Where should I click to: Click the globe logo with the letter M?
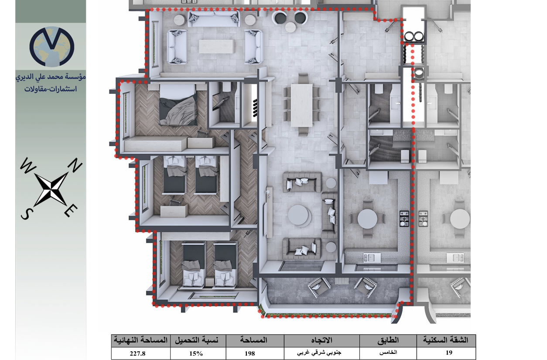coord(52,47)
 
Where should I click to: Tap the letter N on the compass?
coord(75,165)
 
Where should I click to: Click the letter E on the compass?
coord(71,211)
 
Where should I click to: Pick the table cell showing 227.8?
coord(140,353)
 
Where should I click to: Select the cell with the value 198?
coord(255,353)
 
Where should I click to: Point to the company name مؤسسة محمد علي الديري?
coord(51,76)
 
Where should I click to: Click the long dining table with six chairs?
coord(301,105)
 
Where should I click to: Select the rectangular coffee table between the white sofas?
coord(217,46)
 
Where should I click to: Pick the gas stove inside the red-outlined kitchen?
coord(404,218)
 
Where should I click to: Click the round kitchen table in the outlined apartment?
coord(367,218)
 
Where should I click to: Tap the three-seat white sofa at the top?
coord(214,19)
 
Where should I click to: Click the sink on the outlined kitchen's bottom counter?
coord(372,257)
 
